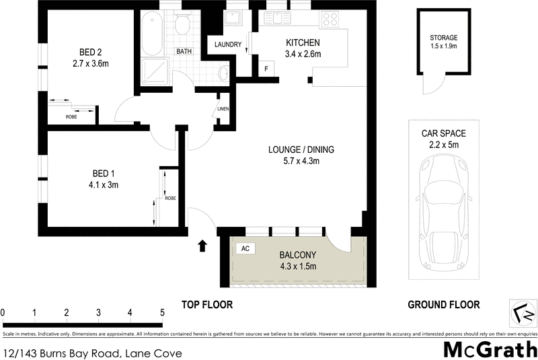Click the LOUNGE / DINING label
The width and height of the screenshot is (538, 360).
[301, 149]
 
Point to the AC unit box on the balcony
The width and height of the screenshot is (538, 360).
[245, 249]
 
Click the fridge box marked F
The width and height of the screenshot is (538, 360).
[266, 69]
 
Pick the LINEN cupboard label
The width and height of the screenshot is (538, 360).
[223, 109]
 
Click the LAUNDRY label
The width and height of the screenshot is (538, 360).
[228, 45]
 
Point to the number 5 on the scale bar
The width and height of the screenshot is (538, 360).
[162, 312]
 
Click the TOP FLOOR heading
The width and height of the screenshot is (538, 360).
[207, 305]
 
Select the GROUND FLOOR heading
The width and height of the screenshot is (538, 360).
[444, 305]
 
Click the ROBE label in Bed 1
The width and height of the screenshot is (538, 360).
[170, 198]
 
